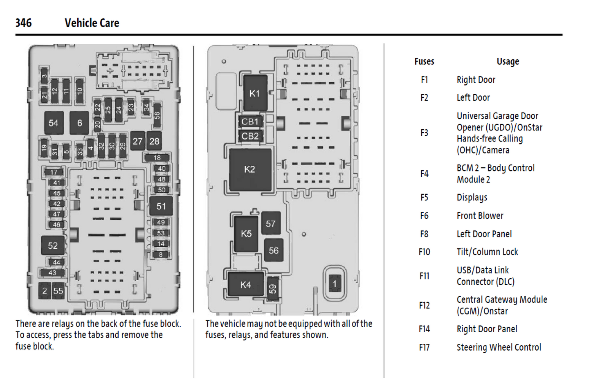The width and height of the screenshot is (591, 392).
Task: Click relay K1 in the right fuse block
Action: [255, 93]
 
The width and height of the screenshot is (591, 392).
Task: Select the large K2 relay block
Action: [250, 169]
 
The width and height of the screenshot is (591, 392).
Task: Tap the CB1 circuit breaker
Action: [250, 122]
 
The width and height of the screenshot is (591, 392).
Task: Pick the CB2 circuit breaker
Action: [250, 136]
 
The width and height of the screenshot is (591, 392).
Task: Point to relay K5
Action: [246, 234]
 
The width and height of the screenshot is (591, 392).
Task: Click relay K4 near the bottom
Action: [245, 285]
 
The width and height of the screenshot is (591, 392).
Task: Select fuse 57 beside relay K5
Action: [271, 223]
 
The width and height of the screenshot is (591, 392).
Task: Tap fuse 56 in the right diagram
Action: [274, 250]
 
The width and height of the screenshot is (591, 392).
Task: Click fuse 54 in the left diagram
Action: [54, 123]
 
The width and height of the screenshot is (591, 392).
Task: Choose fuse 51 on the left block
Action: [161, 206]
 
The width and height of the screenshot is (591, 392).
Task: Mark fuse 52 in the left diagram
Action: [53, 246]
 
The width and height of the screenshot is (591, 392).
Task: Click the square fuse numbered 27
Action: [137, 141]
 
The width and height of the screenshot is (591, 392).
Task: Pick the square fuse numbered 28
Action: [154, 141]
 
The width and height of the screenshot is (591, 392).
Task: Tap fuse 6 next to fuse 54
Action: [79, 123]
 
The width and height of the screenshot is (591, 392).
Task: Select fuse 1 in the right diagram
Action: [335, 284]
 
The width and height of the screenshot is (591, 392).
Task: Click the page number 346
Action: [23, 23]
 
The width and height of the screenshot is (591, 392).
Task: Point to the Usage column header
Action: [508, 61]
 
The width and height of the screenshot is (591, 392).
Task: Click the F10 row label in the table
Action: [424, 252]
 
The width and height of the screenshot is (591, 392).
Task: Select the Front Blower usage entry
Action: [480, 216]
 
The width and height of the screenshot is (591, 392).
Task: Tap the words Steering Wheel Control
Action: [499, 347]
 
